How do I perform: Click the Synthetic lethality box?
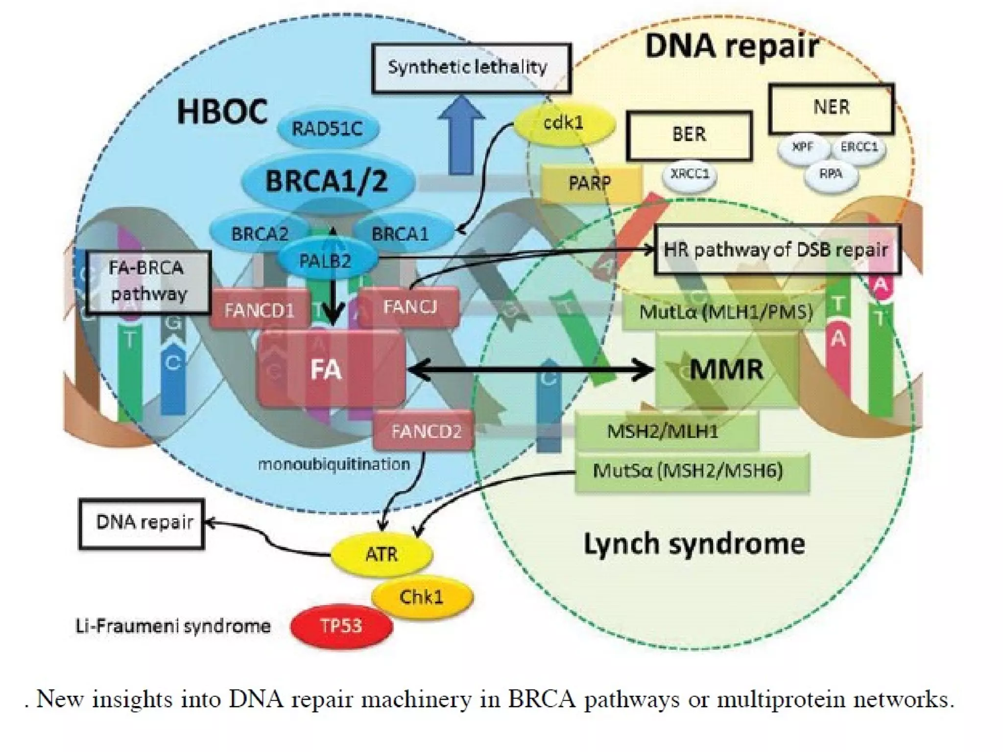click(471, 68)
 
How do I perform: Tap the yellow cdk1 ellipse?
click(564, 123)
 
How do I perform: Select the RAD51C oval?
click(328, 129)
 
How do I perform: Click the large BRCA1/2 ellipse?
click(327, 181)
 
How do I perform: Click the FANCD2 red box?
click(425, 431)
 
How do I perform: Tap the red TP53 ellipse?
click(341, 626)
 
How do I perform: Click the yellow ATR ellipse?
click(382, 554)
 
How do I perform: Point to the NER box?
click(831, 108)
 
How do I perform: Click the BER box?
click(689, 135)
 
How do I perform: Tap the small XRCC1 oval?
click(690, 175)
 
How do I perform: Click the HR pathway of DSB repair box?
click(777, 250)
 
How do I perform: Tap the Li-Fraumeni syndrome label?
click(172, 626)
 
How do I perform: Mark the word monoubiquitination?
click(334, 464)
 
